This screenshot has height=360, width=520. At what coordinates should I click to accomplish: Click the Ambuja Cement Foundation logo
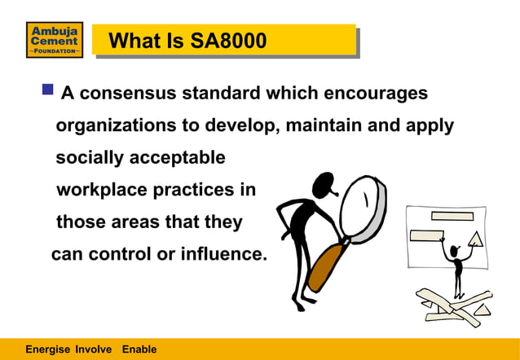click(x=55, y=40)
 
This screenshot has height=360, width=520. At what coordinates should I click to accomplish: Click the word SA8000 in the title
click(x=227, y=40)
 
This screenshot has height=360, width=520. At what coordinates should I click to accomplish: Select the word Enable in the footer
click(x=139, y=349)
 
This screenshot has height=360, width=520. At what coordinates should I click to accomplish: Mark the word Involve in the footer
click(x=94, y=349)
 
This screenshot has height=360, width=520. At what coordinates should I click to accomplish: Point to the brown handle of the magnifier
click(x=324, y=265)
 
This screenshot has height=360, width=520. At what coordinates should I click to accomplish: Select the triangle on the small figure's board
click(x=476, y=239)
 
